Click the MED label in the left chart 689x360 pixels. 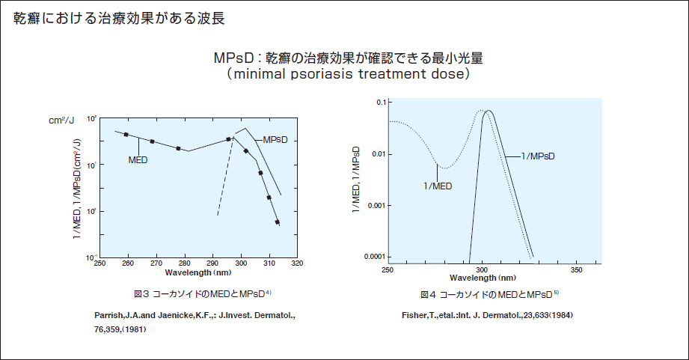coord(138,159)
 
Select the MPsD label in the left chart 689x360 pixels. coord(275,139)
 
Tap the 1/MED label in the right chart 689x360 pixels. coord(437,186)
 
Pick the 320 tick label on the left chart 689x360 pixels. coord(297,263)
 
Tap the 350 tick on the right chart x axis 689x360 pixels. coord(576,269)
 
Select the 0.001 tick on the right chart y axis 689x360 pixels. coord(372,204)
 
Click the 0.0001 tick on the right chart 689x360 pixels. coord(370,257)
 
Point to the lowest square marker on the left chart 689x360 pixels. coord(278,222)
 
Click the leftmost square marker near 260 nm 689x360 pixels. coord(126,135)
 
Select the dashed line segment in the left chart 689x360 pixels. coord(224,180)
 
